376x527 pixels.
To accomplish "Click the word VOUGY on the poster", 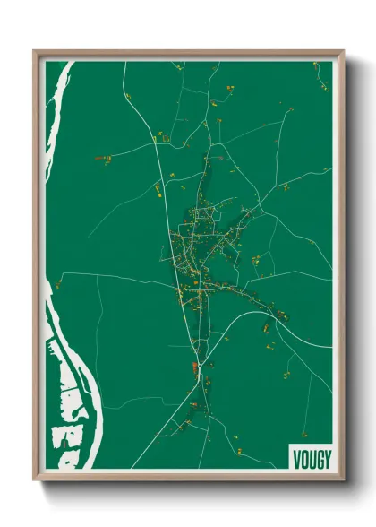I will (311, 459).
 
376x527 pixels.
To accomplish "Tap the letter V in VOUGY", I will (296, 459).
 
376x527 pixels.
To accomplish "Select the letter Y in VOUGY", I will (326, 459).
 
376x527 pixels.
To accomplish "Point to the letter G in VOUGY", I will (318, 459).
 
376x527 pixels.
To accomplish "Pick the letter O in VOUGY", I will (303, 459).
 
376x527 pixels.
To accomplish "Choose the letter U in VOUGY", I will (311, 459).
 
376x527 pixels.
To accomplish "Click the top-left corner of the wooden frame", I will (34, 51).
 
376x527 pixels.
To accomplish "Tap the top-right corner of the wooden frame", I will (343, 51).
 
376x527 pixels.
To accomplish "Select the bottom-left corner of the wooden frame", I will (34, 479).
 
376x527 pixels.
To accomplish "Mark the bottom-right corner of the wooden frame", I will (343, 479).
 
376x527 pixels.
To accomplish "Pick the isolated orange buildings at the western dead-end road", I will (102, 159).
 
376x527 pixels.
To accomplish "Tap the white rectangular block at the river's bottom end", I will (67, 436).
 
